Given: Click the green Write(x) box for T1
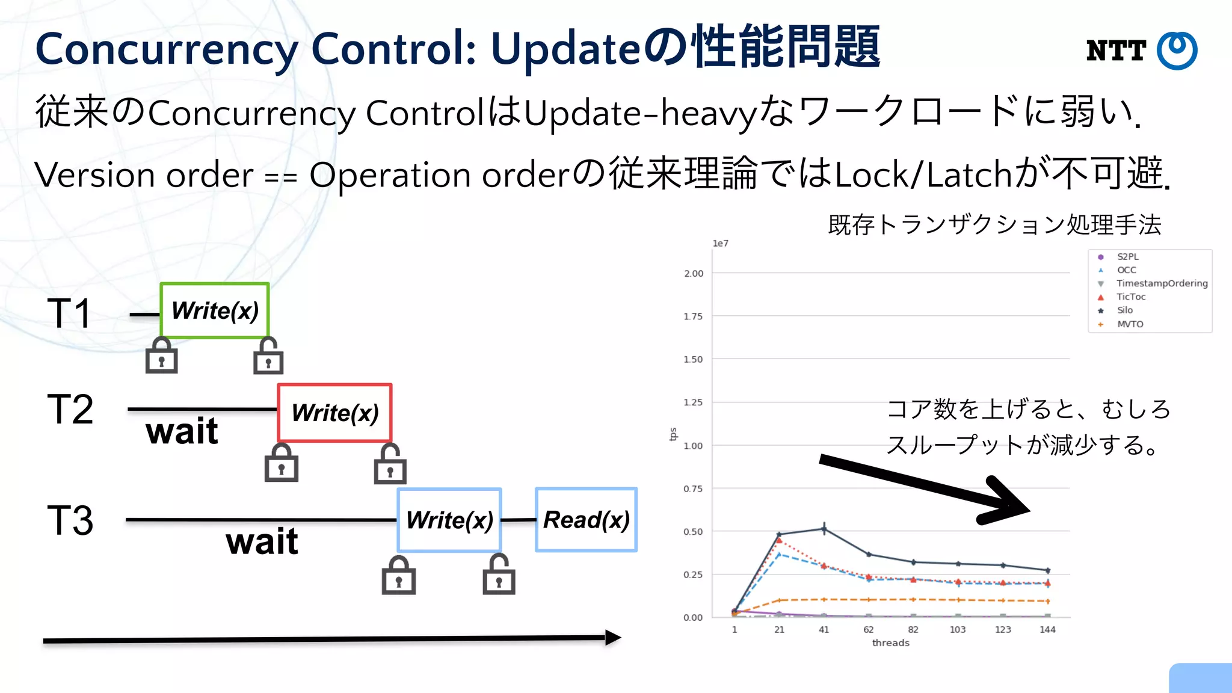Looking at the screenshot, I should (x=215, y=310).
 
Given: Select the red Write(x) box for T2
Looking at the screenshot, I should (x=334, y=413).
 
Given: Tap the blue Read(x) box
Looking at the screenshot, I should (x=586, y=520).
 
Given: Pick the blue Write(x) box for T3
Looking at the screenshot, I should (x=449, y=520).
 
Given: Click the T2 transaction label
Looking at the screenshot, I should (x=70, y=409).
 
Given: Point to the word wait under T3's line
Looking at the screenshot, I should (x=262, y=541).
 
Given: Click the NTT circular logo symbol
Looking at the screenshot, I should (x=1177, y=51).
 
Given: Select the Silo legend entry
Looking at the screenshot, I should (x=1124, y=310).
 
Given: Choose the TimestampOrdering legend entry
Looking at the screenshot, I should (x=1162, y=283).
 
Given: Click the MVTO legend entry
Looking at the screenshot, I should (x=1130, y=324).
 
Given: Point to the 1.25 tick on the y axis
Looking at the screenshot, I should (x=693, y=402).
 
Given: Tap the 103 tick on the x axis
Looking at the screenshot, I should (x=958, y=630).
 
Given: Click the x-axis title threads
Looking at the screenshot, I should (x=890, y=643).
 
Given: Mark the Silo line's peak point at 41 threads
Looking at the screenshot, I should (x=824, y=529).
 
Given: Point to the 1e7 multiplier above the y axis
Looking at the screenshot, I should (x=720, y=244).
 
